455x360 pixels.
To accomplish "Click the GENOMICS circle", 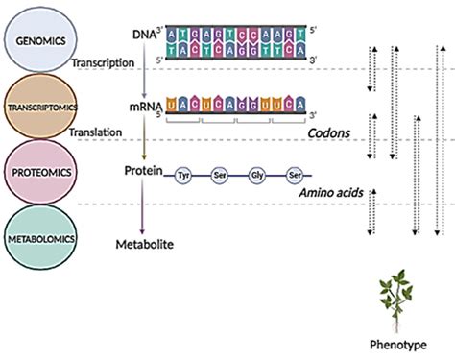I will (x=36, y=42).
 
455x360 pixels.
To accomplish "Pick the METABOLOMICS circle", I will (x=36, y=232).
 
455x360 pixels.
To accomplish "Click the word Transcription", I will (x=100, y=62).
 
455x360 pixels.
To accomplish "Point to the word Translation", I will (x=96, y=134).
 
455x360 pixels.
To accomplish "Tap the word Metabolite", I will (x=145, y=245).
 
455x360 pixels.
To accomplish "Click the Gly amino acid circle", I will (x=256, y=177).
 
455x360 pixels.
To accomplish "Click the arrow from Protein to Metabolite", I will (x=142, y=205).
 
